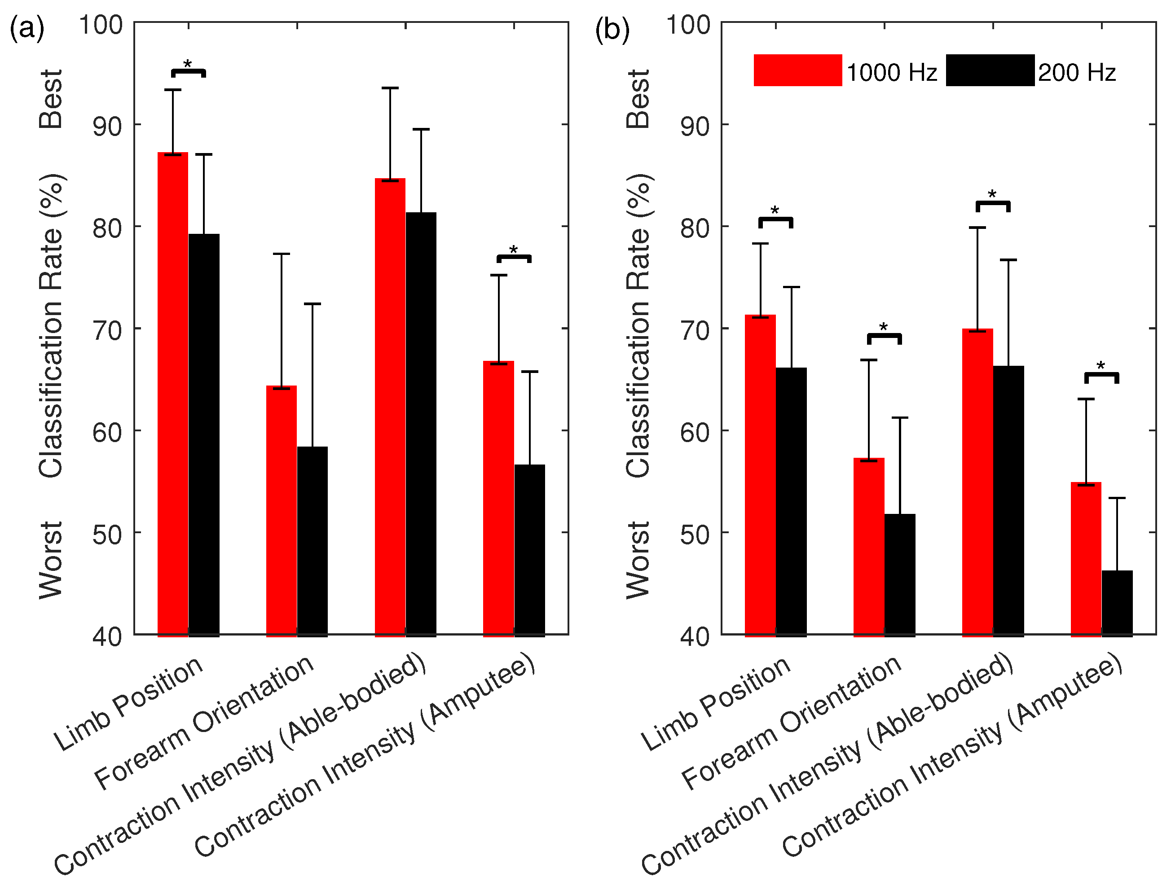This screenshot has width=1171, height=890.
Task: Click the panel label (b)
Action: click(x=612, y=29)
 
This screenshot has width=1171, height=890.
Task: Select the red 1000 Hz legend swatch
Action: click(x=797, y=70)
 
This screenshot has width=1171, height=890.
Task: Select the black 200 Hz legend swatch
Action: click(x=990, y=70)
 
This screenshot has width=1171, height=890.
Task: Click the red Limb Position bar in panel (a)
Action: click(x=173, y=392)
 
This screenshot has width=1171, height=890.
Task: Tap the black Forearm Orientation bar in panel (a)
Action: click(x=312, y=540)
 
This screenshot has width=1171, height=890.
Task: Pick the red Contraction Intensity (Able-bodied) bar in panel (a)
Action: click(x=390, y=405)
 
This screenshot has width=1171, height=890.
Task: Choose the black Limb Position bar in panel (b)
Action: click(x=791, y=500)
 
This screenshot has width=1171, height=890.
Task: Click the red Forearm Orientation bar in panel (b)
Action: click(x=869, y=546)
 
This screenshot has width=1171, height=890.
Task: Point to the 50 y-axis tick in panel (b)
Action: click(x=695, y=534)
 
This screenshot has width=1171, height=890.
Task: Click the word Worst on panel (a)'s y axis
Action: click(x=51, y=560)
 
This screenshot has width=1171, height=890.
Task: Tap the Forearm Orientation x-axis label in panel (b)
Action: click(x=791, y=723)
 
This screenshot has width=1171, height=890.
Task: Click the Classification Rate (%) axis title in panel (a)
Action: click(x=51, y=326)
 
